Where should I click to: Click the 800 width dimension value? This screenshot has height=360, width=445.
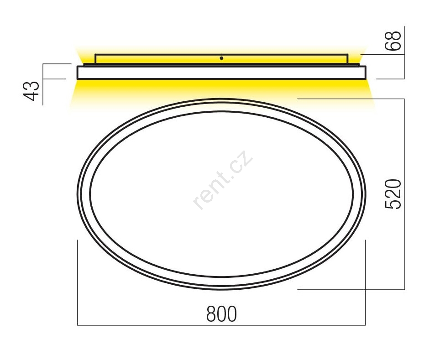[221, 313]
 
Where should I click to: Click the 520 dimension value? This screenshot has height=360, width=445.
[393, 194]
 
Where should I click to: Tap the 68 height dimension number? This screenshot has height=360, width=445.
[393, 41]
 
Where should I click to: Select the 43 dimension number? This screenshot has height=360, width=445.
[31, 91]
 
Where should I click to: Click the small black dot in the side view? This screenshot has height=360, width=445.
[221, 58]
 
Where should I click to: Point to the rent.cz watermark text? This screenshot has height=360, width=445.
[223, 180]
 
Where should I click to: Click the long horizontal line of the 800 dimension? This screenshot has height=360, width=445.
[221, 325]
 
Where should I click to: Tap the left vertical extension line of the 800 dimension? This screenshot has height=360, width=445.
[78, 282]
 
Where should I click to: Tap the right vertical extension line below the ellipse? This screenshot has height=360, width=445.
[365, 282]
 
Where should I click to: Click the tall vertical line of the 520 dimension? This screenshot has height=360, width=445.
[404, 194]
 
